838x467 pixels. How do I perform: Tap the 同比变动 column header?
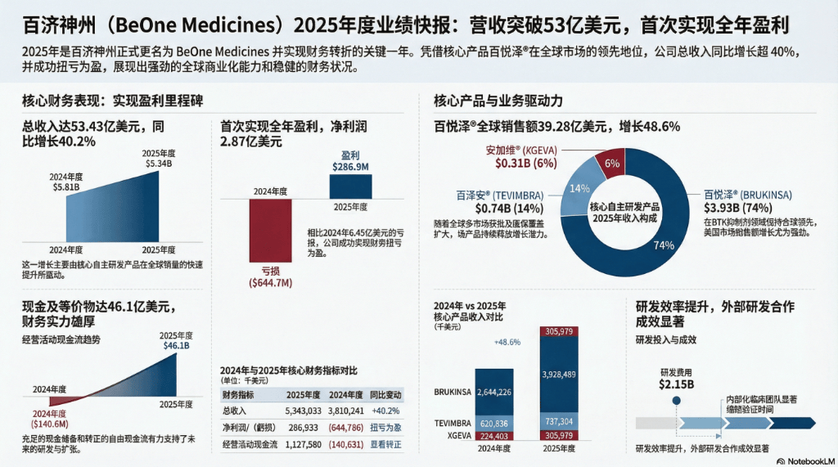tap(386, 393)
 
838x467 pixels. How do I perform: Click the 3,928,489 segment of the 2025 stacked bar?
tap(565, 375)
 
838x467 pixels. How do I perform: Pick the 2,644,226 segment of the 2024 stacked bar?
tap(489, 393)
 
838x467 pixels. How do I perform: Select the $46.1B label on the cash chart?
tap(178, 347)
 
